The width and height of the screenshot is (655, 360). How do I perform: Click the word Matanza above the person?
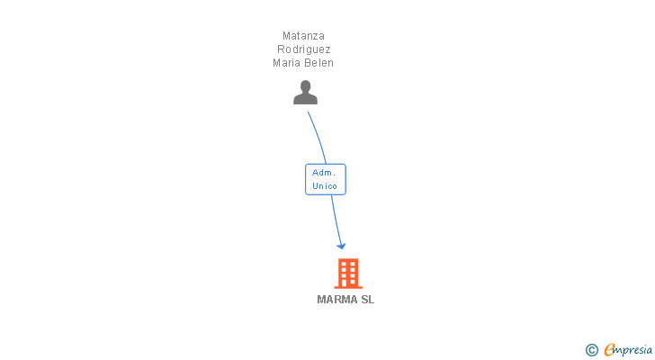tap(303, 36)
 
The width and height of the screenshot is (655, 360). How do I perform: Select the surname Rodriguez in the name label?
tap(303, 49)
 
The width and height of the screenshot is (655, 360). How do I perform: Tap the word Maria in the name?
tap(288, 63)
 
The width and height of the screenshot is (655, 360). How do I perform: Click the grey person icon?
tap(305, 93)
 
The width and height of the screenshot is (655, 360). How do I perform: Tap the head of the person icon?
tap(305, 86)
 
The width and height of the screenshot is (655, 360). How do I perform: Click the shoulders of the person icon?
tap(305, 99)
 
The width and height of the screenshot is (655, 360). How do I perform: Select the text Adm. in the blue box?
tap(324, 172)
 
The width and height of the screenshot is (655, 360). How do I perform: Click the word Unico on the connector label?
tap(325, 186)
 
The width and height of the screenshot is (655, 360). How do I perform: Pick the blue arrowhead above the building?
tap(341, 245)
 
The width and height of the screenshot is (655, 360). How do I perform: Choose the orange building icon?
tap(347, 273)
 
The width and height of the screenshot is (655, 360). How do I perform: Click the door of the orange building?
tap(347, 283)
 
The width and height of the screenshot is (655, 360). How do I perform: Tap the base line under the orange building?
tap(347, 288)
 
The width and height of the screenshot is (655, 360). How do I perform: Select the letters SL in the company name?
tap(367, 300)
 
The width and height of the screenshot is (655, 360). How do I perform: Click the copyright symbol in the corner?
tap(592, 350)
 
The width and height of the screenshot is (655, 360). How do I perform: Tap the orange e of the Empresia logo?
tap(609, 350)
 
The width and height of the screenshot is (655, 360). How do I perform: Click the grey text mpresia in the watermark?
tap(634, 350)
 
